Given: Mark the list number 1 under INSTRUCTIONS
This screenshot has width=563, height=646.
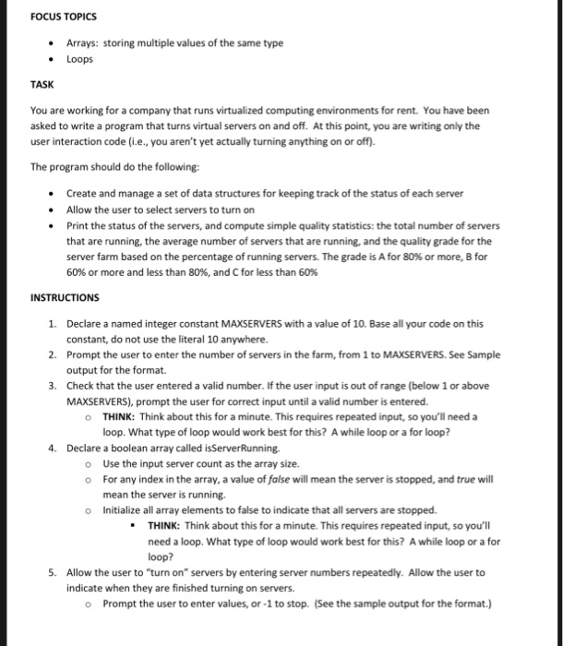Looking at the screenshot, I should tap(53, 323).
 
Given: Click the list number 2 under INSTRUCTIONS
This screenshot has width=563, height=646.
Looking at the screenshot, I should tap(53, 353).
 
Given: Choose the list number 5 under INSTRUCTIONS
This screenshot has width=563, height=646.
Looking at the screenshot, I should tap(53, 572).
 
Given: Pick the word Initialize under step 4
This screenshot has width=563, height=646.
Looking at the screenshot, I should tap(125, 509).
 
